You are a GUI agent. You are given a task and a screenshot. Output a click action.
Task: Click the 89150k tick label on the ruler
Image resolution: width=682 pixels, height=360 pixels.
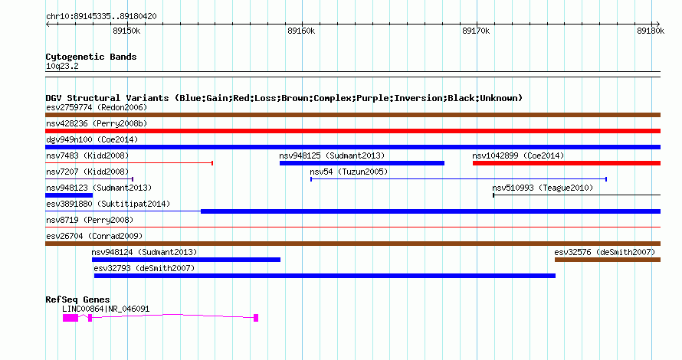coord(126,31)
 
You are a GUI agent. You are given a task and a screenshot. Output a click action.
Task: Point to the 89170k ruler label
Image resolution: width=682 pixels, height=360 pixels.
coord(476,31)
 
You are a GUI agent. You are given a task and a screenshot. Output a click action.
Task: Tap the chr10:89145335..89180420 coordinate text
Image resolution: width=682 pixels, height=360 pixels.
coord(101,17)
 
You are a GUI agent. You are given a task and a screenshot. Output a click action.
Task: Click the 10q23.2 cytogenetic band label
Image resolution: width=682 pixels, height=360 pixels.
coord(62,66)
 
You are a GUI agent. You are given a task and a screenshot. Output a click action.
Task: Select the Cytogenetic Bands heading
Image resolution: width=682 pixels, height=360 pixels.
coord(91,57)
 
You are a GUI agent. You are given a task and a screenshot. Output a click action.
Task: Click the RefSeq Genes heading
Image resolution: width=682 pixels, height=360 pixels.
coord(77,299)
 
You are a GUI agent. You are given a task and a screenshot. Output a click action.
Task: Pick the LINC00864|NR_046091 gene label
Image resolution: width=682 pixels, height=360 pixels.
coord(106,309)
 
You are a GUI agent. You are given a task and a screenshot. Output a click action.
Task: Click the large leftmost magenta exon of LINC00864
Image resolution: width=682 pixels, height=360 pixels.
coord(70,319)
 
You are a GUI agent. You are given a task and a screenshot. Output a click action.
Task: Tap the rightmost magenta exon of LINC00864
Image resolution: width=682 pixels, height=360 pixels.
coord(256,318)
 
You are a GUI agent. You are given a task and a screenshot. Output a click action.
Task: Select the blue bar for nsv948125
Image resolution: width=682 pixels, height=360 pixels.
coord(362,163)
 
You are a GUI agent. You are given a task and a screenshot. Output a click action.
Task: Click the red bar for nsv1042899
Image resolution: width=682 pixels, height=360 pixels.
coord(567,163)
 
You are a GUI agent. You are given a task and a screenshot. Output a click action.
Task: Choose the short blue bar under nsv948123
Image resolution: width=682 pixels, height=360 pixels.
coord(69,195)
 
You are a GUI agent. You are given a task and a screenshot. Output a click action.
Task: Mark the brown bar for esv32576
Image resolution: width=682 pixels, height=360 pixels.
coord(608,260)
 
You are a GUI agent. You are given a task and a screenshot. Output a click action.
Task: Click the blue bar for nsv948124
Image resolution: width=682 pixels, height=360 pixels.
coord(186,260)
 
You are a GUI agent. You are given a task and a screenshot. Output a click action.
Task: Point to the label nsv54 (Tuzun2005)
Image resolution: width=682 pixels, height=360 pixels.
coord(349,172)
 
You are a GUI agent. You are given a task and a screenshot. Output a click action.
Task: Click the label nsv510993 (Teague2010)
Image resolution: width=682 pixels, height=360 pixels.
coord(543,188)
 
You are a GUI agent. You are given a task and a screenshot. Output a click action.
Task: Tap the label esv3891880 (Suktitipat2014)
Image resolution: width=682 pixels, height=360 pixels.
coord(108,204)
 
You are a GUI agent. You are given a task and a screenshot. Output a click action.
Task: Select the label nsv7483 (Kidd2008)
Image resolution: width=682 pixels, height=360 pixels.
coord(87,155)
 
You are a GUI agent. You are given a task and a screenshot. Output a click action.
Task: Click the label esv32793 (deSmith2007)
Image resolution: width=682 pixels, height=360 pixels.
coord(144,268)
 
